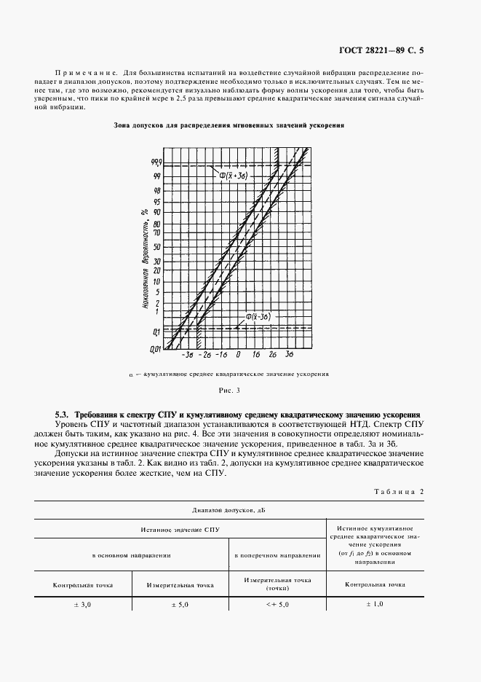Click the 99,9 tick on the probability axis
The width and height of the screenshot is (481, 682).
pyautogui.click(x=156, y=163)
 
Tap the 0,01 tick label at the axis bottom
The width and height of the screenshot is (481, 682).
pyautogui.click(x=156, y=350)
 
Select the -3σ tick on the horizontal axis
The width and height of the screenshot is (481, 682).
pyautogui.click(x=188, y=355)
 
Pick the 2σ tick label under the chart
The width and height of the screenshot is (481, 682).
pyautogui.click(x=272, y=355)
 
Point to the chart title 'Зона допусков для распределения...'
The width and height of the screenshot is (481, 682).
pyautogui.click(x=229, y=125)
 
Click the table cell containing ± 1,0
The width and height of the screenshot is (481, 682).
pyautogui.click(x=376, y=604)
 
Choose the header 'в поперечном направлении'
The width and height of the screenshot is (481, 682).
pyautogui.click(x=277, y=554)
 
